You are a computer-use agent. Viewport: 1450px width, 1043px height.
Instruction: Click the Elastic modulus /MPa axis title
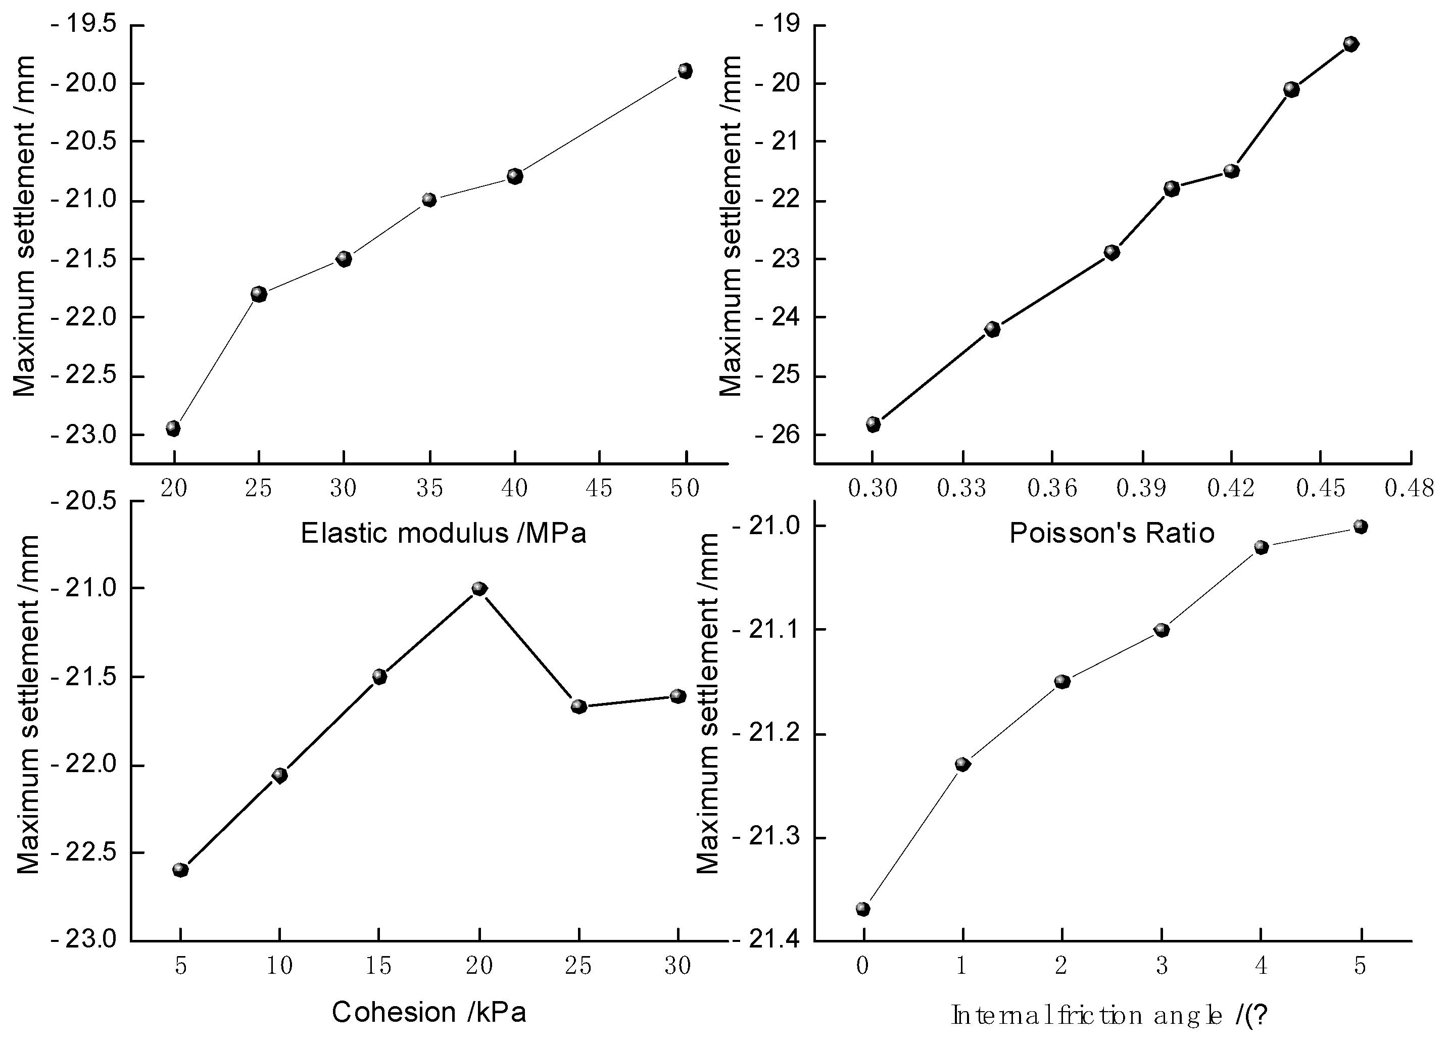[443, 533]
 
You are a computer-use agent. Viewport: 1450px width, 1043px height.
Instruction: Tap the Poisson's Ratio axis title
[1111, 533]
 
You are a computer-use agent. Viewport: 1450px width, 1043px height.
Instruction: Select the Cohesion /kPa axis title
[428, 1012]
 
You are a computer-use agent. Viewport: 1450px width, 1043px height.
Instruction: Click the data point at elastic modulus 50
[686, 70]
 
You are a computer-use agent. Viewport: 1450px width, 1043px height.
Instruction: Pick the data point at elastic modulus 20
[173, 429]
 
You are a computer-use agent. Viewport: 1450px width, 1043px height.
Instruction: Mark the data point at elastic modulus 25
[259, 294]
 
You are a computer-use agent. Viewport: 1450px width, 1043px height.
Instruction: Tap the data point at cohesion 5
[180, 870]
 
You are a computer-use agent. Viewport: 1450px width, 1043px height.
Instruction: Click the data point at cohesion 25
[578, 706]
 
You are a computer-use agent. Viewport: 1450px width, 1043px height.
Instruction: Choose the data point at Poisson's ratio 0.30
[874, 424]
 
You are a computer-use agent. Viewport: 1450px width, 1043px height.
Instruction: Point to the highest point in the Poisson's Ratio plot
[1351, 44]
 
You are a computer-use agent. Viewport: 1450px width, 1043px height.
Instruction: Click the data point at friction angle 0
[863, 909]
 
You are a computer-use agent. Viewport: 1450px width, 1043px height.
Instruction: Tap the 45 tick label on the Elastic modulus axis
[599, 489]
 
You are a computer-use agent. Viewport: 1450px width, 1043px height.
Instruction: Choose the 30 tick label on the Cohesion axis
[678, 966]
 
